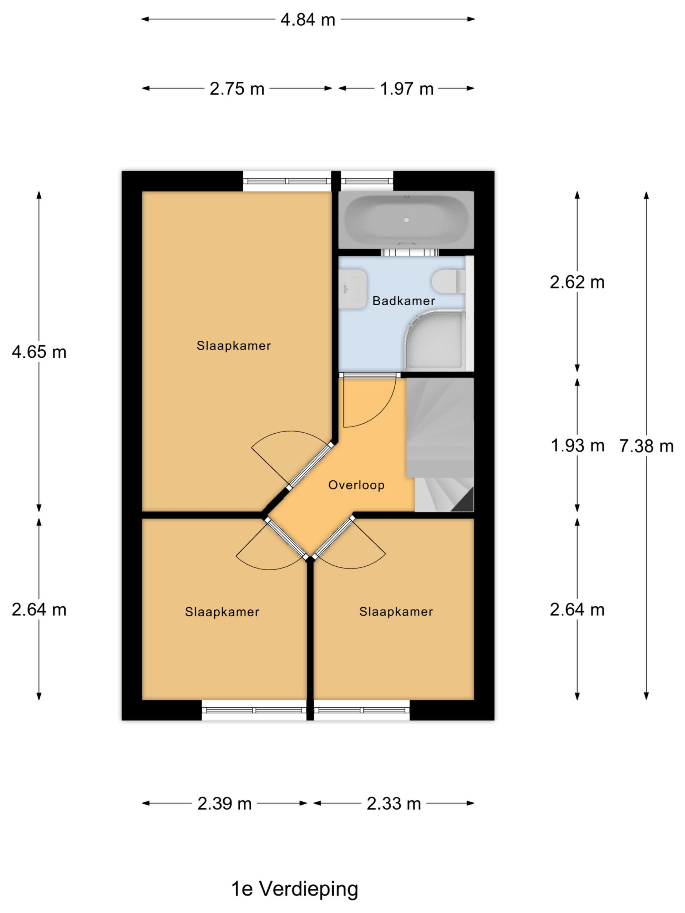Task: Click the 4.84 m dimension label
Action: (x=308, y=19)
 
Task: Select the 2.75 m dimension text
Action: (x=237, y=89)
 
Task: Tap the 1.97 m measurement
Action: (x=407, y=89)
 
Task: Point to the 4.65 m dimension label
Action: (x=39, y=352)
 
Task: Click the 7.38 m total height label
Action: (x=646, y=446)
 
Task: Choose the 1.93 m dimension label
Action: (x=577, y=446)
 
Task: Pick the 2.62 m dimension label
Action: (x=577, y=282)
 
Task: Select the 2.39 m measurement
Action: (x=225, y=803)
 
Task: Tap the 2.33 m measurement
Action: (x=394, y=803)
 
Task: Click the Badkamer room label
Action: (x=404, y=301)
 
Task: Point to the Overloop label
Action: (x=356, y=485)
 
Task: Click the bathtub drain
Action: (x=406, y=220)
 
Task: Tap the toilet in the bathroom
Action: (x=448, y=281)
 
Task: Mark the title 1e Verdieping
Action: (x=294, y=889)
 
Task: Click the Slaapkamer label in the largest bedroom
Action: (x=234, y=346)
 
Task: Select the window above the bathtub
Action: (x=367, y=181)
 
